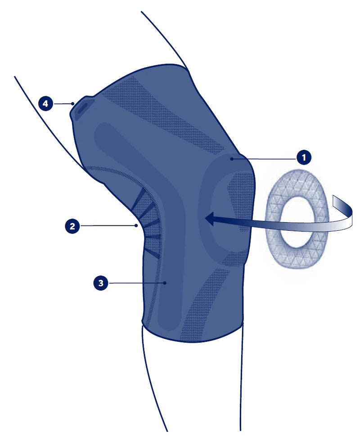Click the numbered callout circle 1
coord(304,157)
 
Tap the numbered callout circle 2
coord(72,226)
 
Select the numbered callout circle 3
coord(101,283)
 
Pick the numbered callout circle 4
coord(45,104)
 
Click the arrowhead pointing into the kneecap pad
coord(211,219)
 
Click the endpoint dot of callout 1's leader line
coord(232,159)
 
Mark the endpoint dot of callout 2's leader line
coord(136,225)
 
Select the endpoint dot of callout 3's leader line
coord(165,283)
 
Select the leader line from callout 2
coord(108,225)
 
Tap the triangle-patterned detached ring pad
coord(297,219)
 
